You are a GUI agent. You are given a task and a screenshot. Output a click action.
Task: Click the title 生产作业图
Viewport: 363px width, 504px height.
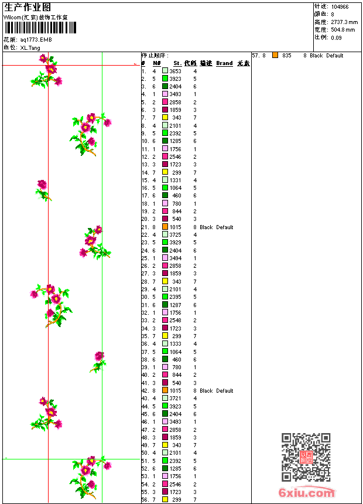28,7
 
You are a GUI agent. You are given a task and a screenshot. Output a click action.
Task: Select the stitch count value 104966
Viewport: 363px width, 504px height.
340,7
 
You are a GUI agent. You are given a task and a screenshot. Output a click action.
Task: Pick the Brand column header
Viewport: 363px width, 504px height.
224,63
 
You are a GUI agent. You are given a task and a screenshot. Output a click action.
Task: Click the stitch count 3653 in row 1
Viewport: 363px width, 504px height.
175,71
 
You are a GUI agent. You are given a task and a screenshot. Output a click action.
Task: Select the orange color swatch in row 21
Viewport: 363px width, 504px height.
165,227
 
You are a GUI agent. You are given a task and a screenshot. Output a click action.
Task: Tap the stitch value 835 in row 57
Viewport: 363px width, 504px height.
286,56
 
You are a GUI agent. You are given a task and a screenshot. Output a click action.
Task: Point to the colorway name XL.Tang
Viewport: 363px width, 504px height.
30,47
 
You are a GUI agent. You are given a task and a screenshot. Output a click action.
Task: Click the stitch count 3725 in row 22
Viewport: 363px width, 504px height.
175,234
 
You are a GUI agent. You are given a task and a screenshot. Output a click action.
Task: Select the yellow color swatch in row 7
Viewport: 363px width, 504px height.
165,118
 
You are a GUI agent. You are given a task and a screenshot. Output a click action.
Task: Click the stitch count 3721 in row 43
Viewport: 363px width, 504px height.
175,398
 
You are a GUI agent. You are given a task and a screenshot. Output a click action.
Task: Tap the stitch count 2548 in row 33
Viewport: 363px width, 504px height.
175,321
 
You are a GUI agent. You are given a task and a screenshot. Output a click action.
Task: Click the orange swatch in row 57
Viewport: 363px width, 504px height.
275,55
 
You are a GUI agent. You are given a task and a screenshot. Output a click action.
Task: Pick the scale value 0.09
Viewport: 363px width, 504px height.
336,37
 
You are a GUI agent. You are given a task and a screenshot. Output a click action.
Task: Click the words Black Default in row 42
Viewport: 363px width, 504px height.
216,390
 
